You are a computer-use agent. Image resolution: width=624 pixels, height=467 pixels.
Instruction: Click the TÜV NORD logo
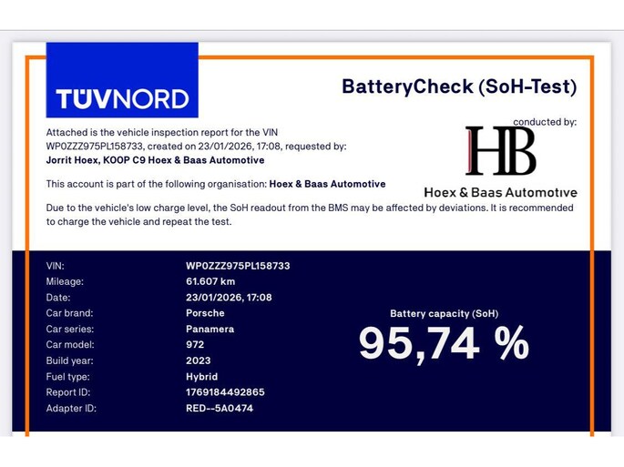(121, 97)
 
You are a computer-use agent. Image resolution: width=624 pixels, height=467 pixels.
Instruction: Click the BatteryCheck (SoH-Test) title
(459, 86)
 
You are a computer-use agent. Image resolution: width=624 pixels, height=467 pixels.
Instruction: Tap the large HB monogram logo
(500, 151)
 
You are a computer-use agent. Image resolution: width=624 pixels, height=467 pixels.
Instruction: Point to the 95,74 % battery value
(444, 343)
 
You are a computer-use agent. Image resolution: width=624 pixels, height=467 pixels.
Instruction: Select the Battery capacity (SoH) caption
(444, 313)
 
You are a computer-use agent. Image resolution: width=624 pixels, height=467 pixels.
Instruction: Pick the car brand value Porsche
(207, 313)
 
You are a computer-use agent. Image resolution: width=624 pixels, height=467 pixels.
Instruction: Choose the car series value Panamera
(210, 329)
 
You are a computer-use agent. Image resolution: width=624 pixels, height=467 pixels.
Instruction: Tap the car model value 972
(195, 345)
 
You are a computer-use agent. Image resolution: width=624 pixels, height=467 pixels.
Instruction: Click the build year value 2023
(198, 360)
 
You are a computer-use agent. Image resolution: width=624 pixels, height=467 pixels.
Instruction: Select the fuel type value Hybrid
(201, 377)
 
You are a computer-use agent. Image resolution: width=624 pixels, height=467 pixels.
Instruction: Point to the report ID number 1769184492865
(225, 392)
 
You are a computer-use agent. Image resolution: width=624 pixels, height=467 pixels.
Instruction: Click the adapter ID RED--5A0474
(219, 409)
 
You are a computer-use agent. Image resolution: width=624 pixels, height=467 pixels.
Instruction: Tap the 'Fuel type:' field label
(68, 377)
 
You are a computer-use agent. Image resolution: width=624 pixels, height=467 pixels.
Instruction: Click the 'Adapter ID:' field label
(71, 409)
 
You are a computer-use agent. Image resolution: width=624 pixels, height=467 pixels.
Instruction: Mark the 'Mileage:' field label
(65, 281)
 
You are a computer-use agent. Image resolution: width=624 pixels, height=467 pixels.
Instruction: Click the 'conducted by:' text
(545, 122)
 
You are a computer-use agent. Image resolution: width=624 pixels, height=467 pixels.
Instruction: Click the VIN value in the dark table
(238, 266)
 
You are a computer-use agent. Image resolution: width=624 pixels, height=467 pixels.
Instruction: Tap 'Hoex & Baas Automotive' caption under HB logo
(500, 192)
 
